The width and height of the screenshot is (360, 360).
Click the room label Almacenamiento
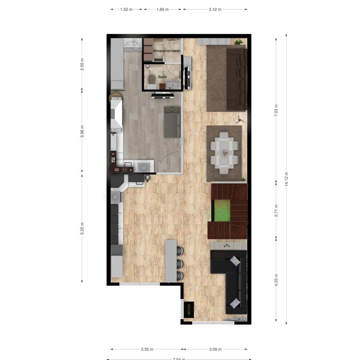[x=166, y=51]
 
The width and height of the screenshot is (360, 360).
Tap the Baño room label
[x=162, y=77]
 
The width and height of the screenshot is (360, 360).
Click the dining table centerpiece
[x=224, y=152]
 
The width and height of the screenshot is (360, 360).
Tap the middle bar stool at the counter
[x=180, y=264]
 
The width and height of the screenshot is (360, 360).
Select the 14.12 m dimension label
[x=287, y=179]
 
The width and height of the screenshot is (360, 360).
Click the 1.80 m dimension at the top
[x=162, y=9]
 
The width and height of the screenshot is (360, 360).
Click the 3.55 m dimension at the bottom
[x=146, y=349]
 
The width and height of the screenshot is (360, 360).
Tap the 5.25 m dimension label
[x=82, y=229]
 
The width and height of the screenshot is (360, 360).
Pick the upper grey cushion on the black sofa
[x=235, y=261]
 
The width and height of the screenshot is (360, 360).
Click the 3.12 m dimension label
[x=215, y=9]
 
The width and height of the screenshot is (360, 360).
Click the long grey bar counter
[x=170, y=260]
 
